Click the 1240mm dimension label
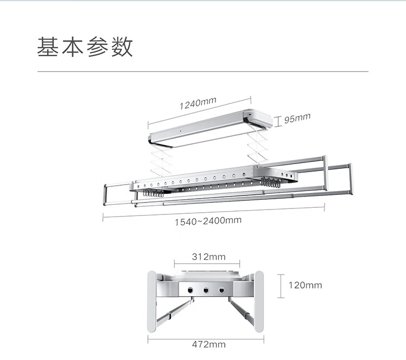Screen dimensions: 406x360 (198, 103)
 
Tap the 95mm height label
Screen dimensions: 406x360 (297, 118)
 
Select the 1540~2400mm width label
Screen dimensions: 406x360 (208, 221)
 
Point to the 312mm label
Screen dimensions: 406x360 (208, 256)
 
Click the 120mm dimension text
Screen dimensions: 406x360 (305, 285)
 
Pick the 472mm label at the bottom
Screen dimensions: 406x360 (208, 344)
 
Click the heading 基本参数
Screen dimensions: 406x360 (85, 47)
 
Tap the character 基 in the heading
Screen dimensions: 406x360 (48, 47)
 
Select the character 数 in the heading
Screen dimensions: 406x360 (122, 47)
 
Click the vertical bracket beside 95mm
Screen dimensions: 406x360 (278, 120)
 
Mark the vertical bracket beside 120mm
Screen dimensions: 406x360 (281, 285)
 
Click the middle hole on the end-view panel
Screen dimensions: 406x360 (206, 290)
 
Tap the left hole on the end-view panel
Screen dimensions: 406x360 (191, 290)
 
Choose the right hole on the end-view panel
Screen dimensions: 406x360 (221, 290)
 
